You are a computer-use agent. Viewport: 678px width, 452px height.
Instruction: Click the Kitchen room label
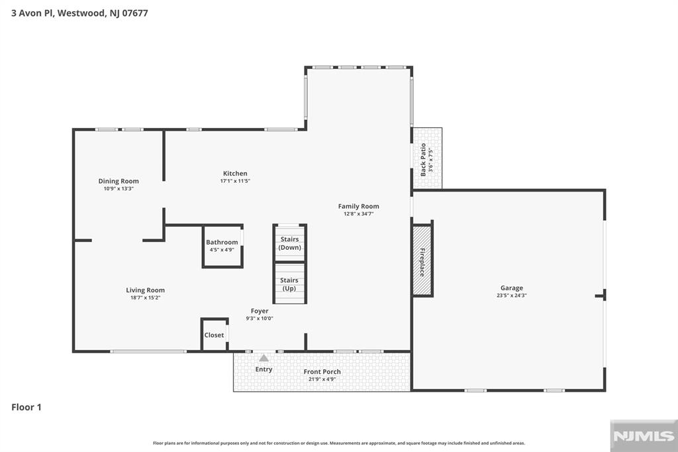click(x=235, y=174)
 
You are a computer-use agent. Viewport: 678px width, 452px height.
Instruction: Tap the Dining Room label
click(x=119, y=181)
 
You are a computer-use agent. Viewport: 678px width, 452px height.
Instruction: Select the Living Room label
click(x=145, y=290)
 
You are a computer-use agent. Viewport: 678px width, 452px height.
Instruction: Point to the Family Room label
click(x=358, y=207)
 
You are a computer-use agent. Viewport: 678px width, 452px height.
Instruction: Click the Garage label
click(x=512, y=288)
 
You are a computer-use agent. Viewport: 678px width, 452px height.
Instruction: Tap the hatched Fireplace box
click(x=422, y=260)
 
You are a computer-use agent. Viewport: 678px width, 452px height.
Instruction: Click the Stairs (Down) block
click(x=290, y=243)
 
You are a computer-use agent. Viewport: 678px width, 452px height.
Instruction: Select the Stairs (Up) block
click(x=290, y=284)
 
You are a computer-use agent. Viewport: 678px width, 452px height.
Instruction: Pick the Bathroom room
click(x=222, y=246)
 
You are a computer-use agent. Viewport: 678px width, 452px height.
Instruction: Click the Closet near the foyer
click(x=215, y=335)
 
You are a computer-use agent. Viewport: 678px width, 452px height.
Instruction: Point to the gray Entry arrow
click(x=264, y=358)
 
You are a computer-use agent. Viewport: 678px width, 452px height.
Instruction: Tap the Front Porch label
click(x=322, y=371)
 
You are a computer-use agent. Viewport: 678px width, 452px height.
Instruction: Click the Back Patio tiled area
click(x=427, y=158)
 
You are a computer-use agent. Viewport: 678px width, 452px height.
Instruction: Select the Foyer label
click(x=260, y=311)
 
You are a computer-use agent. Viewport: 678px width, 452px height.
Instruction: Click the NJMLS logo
click(x=644, y=436)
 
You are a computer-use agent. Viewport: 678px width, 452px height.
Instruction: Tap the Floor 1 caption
click(x=26, y=407)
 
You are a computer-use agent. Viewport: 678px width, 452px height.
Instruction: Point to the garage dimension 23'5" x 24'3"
click(x=512, y=296)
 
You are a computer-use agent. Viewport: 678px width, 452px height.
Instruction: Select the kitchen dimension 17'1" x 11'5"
click(x=235, y=181)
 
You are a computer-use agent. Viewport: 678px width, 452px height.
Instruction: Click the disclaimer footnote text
click(x=339, y=443)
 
